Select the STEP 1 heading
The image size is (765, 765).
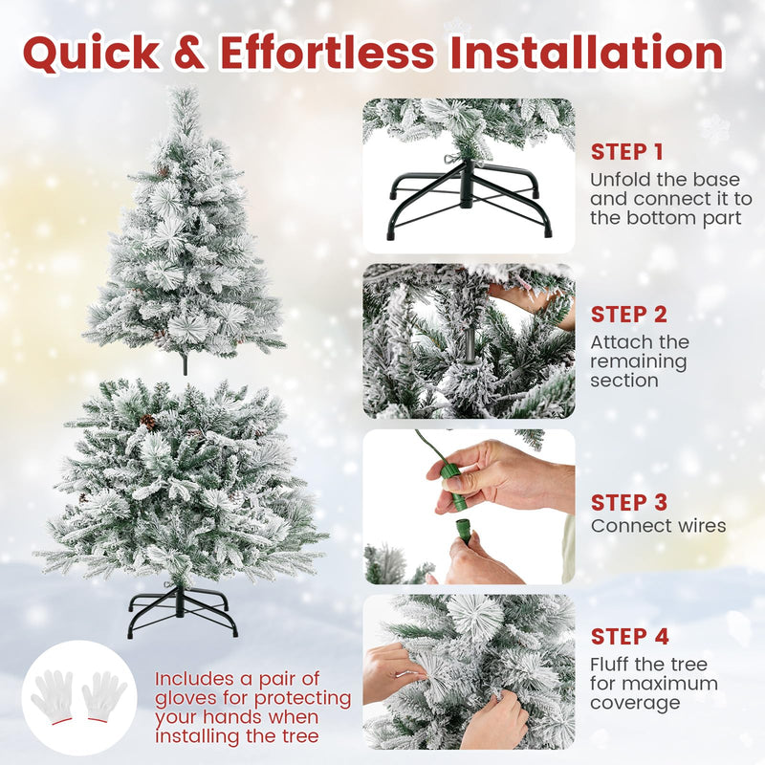click(x=626, y=152)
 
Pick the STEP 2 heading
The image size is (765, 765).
click(x=628, y=315)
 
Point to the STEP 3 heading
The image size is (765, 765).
click(x=628, y=502)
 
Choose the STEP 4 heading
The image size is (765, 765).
click(x=629, y=637)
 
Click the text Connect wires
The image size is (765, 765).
click(x=658, y=526)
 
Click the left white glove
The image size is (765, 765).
click(x=52, y=695)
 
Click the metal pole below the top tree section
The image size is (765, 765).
click(x=184, y=363)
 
